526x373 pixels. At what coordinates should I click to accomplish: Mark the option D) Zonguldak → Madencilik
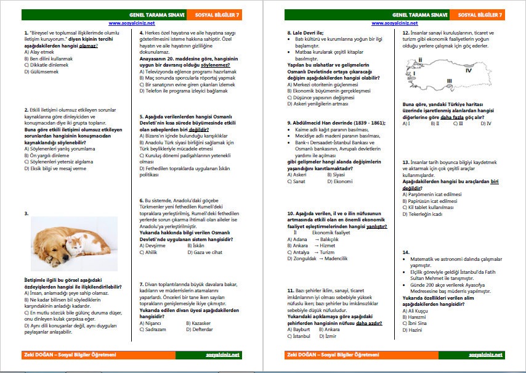[x=320, y=258]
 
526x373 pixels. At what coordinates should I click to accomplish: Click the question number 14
[x=406, y=252]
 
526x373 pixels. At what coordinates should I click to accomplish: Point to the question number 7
[x=142, y=284]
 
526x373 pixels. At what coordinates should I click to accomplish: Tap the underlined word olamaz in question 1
[x=89, y=46]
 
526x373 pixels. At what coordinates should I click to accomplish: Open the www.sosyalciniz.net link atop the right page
[x=395, y=23]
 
